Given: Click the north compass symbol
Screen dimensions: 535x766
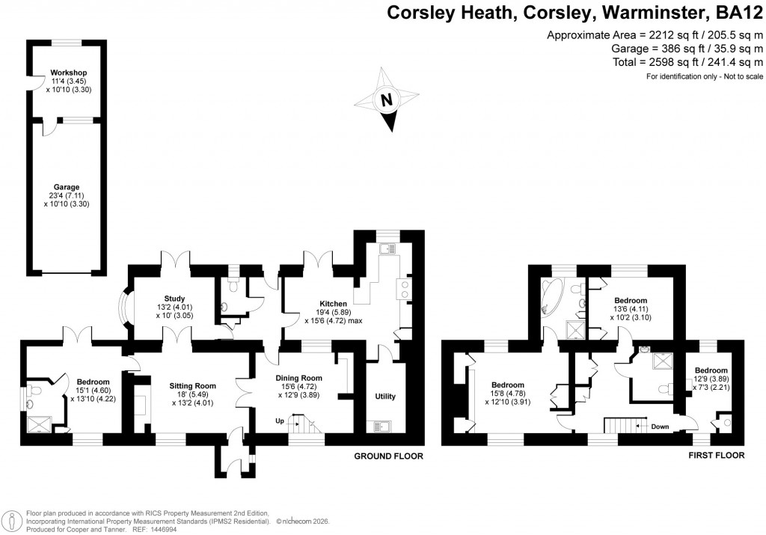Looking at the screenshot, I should click(387, 100).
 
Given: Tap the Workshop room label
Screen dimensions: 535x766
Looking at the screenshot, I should click(64, 73).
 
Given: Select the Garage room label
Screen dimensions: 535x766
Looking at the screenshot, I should click(66, 187).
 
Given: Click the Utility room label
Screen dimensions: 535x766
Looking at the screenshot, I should click(384, 397).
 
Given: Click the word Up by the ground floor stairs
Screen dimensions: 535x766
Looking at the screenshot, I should click(281, 421).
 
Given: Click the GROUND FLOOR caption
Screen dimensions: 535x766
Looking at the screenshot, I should click(388, 456).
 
